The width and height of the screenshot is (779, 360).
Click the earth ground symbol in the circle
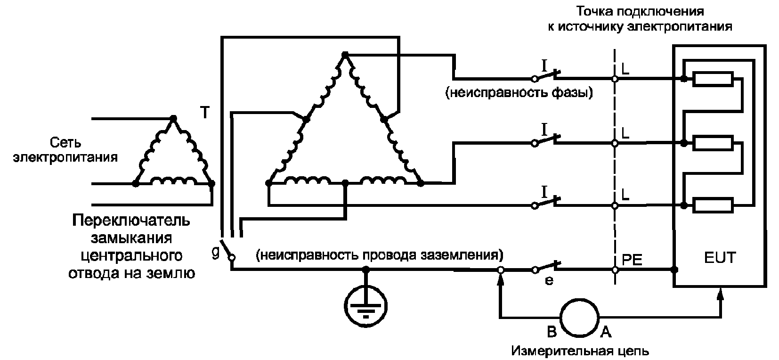pos(365,306)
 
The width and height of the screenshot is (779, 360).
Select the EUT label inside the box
pos(720,258)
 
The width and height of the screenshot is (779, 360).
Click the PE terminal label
pos(632,260)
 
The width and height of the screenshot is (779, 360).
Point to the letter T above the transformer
pos(205,113)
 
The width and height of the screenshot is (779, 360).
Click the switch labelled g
pos(227,250)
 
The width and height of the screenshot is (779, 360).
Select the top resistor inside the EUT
pos(713,79)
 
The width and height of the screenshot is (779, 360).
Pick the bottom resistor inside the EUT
pos(713,205)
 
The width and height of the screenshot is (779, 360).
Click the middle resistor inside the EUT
pos(713,143)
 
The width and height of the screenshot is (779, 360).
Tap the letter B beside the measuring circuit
pos(552,332)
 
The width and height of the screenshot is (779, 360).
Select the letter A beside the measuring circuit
pos(606,332)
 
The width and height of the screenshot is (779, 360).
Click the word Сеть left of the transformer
pos(65,143)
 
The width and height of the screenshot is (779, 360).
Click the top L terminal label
pos(625,70)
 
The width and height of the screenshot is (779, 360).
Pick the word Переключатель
pos(131,221)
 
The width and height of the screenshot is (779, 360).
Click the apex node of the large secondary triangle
pos(345,55)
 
